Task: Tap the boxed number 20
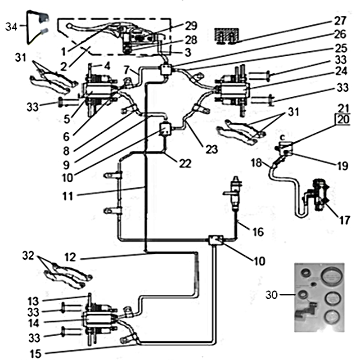343,120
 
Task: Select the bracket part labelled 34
37,26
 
